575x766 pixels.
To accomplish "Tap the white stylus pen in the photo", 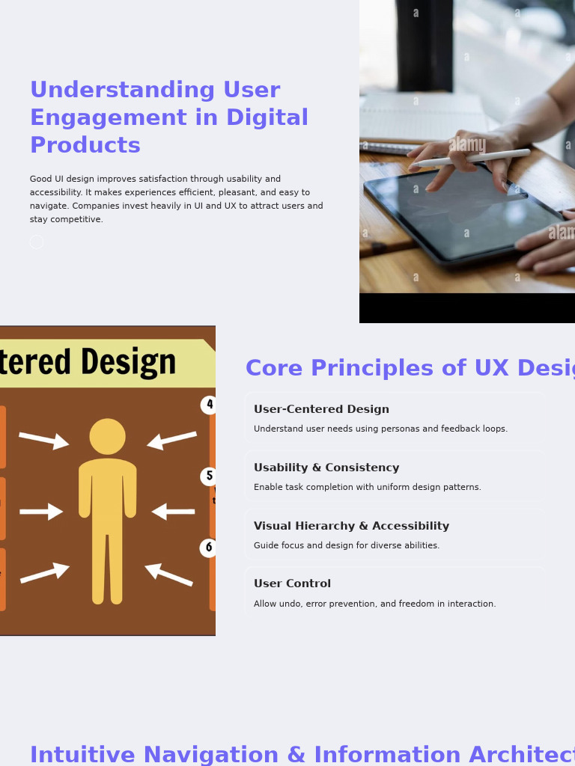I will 472,158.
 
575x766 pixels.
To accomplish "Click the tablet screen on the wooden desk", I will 464,213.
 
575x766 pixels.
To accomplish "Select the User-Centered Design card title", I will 321,410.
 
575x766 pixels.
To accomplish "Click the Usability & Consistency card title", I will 326,468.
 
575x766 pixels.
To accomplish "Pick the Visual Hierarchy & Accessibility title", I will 351,527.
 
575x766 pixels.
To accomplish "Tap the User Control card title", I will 292,584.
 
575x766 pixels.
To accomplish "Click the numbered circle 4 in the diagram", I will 210,405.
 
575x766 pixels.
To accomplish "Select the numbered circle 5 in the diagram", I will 210,476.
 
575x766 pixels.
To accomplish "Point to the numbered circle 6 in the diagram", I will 209,548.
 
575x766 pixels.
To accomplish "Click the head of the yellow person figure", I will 108,436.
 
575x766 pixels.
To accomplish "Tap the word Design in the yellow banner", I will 129,363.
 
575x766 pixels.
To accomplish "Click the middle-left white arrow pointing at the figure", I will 41,512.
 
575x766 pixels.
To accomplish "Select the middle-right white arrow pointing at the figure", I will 173,512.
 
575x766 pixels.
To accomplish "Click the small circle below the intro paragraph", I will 37,242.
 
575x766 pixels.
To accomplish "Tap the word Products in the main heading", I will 85,146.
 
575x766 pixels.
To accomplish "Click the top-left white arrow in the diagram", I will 43,440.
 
